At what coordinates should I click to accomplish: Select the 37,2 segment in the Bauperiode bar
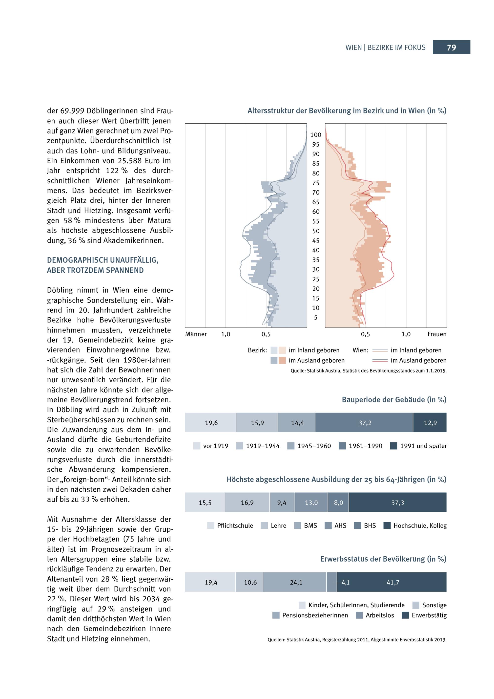coord(364,423)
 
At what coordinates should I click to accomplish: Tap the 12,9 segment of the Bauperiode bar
coord(430,423)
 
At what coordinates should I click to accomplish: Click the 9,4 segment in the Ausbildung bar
coord(282,503)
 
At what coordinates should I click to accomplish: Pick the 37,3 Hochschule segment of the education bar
coord(398,503)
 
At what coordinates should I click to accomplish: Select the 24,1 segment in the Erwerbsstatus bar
coord(296,582)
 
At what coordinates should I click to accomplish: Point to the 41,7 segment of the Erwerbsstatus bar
coord(392,582)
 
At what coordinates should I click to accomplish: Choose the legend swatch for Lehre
coord(264,525)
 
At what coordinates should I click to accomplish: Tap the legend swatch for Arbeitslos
coord(359,615)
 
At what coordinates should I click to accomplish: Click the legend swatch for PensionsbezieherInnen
coord(276,615)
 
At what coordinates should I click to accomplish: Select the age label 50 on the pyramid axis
coord(316,231)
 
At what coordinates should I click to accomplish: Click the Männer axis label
coord(196,334)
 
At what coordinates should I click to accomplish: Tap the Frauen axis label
coord(437,334)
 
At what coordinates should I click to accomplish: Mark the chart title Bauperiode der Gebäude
coord(394,400)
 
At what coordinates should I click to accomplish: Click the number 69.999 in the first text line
coord(71,111)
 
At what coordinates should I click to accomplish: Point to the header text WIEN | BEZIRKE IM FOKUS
coord(385,47)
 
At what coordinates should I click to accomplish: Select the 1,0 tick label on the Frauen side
coord(406,334)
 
